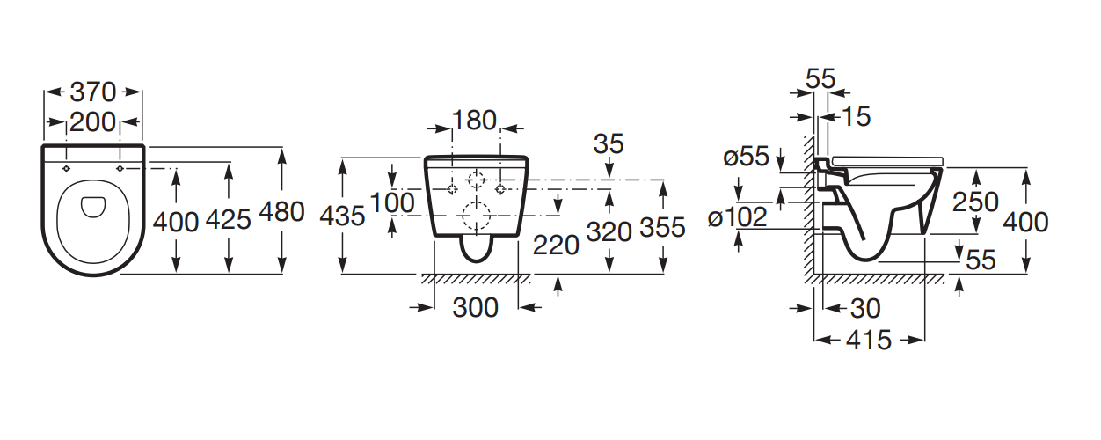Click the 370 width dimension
point(93,92)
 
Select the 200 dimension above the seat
point(93,122)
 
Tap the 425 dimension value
point(228,220)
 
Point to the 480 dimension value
point(281,212)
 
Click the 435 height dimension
point(342,216)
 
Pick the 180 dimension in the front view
point(474,121)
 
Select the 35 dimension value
point(609,143)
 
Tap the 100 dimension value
point(392,202)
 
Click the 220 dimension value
point(556,245)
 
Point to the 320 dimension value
point(609,231)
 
